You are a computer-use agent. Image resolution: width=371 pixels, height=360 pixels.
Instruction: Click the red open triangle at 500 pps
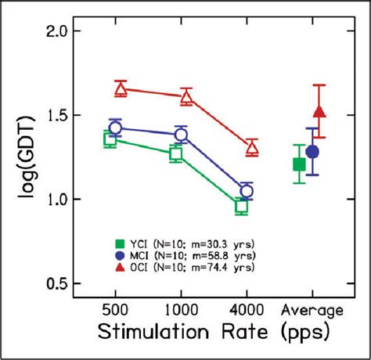[x=121, y=89]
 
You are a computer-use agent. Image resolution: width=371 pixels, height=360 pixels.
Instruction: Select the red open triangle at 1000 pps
[x=186, y=97]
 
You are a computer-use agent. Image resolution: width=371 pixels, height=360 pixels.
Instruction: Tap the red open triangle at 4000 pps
[x=252, y=147]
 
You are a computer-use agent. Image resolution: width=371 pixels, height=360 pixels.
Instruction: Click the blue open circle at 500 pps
[x=115, y=128]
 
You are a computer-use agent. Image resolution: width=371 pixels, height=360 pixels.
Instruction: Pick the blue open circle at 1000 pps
[x=181, y=135]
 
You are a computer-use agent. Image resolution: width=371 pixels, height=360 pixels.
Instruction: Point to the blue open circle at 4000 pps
[x=247, y=191]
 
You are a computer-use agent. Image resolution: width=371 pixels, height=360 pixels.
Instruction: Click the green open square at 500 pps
[x=110, y=139]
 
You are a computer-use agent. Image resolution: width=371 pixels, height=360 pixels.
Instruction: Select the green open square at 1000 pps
[x=176, y=154]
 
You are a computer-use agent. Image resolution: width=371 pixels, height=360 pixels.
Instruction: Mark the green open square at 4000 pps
[x=241, y=207]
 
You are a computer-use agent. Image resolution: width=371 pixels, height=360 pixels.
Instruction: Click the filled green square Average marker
[x=299, y=164]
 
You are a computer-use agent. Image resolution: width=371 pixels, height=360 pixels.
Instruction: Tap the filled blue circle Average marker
[x=312, y=151]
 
